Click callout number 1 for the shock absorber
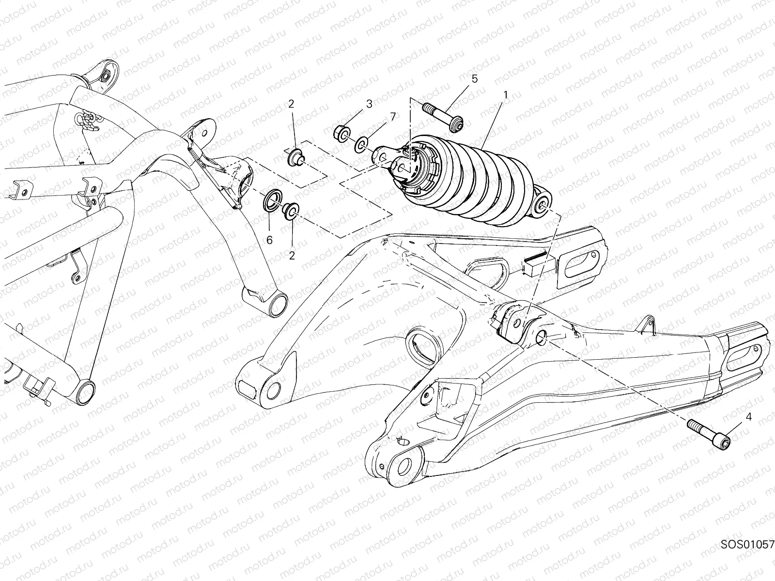[505, 95]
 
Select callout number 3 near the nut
[369, 103]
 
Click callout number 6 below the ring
[269, 240]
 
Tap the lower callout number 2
[292, 256]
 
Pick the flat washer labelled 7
[361, 143]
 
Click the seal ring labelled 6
[273, 201]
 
